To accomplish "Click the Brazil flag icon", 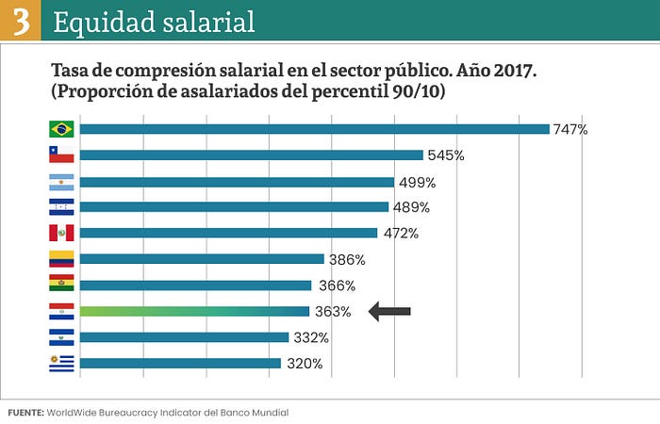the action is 61,129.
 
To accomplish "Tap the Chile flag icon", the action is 61,155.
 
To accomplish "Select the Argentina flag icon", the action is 61,182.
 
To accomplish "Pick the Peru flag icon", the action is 61,233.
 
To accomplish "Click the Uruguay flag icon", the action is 61,364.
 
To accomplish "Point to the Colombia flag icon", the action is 61,259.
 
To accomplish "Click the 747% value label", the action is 570,129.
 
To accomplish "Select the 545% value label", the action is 446,155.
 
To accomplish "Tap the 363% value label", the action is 333,312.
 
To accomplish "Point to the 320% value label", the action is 305,364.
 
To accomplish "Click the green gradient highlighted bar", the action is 194,311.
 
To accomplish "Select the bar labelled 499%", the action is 237,182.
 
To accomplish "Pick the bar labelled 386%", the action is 202,259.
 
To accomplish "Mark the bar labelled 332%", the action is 185,337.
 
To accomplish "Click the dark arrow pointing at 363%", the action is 389,311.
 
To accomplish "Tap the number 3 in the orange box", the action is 21,21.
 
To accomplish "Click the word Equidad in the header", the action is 104,22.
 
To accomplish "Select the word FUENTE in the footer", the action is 25,413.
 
